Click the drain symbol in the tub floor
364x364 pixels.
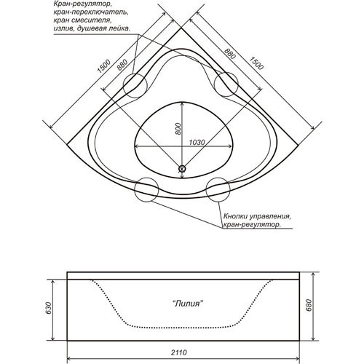(182, 168)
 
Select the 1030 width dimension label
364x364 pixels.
(197, 143)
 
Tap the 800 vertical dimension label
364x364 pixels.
(178, 129)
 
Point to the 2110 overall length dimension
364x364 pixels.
(179, 352)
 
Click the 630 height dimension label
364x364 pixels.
(49, 308)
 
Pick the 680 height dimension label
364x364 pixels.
(308, 306)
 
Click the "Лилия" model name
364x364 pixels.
(187, 304)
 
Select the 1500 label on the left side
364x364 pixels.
(104, 66)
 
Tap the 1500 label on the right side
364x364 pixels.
(256, 63)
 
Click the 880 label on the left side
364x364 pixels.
(122, 65)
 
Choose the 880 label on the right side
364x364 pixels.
(229, 54)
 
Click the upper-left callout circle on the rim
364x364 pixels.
(123, 86)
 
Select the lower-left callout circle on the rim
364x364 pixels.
(135, 190)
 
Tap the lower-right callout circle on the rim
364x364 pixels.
(206, 190)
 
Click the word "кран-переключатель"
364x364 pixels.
(90, 12)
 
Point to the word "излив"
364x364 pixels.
(63, 28)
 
